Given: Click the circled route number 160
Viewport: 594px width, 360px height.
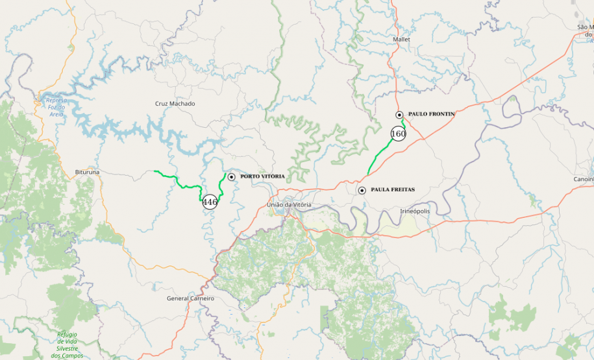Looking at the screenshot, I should coord(398,134).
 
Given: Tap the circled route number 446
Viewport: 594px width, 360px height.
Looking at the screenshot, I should coord(210,202).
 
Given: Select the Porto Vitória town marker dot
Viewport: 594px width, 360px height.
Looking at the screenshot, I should coord(231,176).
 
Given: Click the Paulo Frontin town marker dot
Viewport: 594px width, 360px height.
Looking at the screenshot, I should coord(400,115).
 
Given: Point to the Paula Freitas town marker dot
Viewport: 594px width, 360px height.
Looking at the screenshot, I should coord(362,190).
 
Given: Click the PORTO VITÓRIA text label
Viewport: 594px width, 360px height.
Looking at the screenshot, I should coord(262,176).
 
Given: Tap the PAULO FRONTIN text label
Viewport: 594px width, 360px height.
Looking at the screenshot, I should coord(431,114).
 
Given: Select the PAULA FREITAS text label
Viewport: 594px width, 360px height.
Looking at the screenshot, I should coord(392,190).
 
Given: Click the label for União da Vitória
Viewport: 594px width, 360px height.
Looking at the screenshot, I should coord(289,205).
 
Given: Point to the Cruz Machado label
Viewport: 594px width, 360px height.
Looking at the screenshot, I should coord(175,104).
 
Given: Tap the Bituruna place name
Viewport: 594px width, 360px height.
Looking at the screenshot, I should coord(88,173).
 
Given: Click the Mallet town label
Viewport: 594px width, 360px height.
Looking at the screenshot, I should coord(401,40).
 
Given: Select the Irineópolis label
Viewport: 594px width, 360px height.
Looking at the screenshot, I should coord(415,211).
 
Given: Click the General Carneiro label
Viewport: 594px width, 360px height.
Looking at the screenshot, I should coord(190,298).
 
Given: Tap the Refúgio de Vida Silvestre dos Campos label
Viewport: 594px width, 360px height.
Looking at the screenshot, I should coord(67,344).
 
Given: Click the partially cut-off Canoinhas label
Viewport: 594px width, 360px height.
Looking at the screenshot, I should coord(583,179).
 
